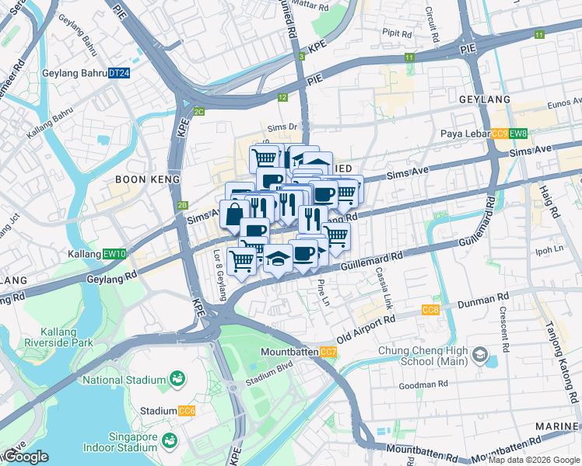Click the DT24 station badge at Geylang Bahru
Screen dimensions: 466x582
(118, 73)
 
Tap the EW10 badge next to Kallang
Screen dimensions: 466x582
(114, 254)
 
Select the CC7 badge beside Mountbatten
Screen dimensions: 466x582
(328, 353)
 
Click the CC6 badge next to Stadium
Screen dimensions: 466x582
(186, 411)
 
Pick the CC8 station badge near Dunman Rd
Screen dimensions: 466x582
(430, 311)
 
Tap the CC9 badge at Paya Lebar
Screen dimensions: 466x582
(500, 134)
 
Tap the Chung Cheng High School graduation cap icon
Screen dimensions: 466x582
(479, 356)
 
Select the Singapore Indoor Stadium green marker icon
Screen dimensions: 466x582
(168, 441)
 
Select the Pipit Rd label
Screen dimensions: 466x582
(397, 33)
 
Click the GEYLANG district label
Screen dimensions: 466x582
(485, 99)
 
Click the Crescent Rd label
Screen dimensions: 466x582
(503, 327)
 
